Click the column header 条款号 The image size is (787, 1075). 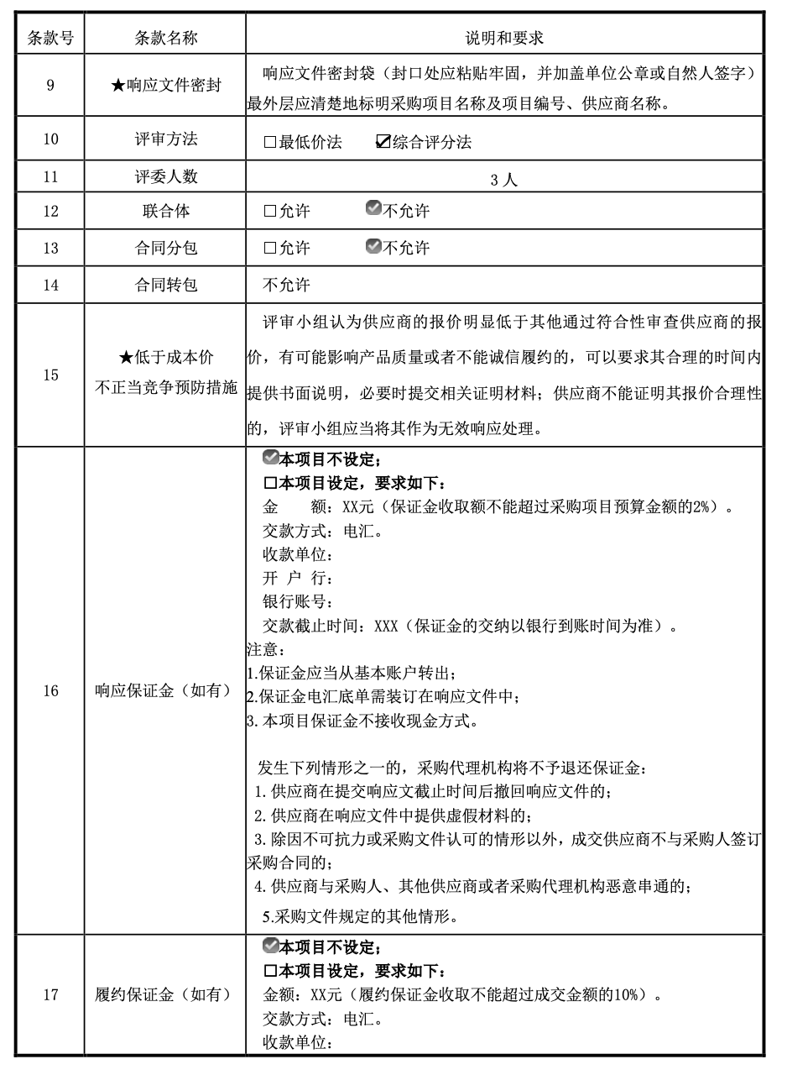[50, 38]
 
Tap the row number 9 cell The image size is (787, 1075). [50, 86]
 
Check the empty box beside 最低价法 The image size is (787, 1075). [269, 142]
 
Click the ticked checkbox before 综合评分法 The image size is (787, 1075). [383, 142]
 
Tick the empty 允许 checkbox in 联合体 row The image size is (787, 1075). [269, 212]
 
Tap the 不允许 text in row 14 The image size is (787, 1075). [286, 285]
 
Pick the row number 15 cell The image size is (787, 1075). [50, 375]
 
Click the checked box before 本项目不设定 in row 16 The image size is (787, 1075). [270, 459]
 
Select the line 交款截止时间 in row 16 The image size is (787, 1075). [469, 627]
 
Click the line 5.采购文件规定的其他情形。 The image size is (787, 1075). [361, 915]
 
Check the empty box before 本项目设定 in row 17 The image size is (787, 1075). [270, 972]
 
